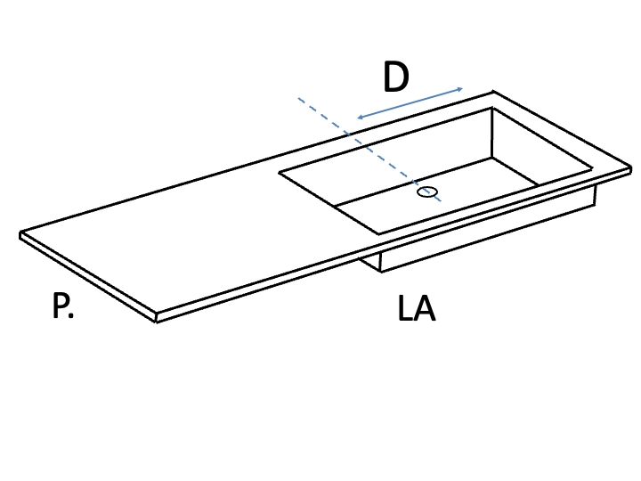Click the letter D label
[x=396, y=77]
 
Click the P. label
[x=63, y=306]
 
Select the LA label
[x=417, y=308]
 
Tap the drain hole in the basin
[x=427, y=192]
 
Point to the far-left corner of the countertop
[x=20, y=233]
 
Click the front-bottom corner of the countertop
[x=156, y=322]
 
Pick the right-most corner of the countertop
[x=631, y=168]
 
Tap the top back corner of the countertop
[x=493, y=92]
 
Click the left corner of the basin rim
[x=280, y=173]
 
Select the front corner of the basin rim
[x=379, y=234]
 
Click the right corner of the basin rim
[x=592, y=168]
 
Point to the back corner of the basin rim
[x=492, y=108]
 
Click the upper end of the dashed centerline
[x=298, y=98]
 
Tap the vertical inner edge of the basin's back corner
[x=491, y=133]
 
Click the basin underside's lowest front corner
[x=381, y=272]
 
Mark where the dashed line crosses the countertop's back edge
[x=349, y=134]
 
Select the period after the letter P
[x=71, y=316]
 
